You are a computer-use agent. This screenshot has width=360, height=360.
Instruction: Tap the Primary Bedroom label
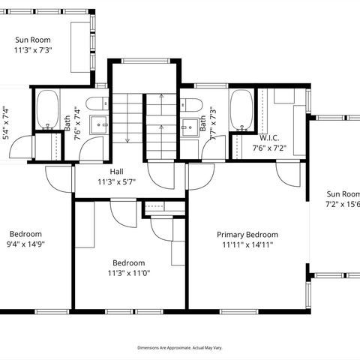[247, 234]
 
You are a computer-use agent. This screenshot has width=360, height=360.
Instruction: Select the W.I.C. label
[269, 138]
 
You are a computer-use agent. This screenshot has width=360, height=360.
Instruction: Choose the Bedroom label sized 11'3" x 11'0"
[129, 262]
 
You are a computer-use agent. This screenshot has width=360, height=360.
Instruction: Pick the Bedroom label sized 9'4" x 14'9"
[25, 233]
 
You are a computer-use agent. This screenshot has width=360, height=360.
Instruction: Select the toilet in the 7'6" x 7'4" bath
[97, 104]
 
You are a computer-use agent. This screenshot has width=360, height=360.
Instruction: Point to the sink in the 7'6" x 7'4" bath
[98, 124]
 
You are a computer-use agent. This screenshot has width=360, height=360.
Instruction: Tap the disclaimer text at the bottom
[180, 347]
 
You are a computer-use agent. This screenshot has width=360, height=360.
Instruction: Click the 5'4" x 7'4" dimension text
[6, 123]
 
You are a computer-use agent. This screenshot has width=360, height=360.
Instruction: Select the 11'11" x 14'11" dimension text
[247, 244]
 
